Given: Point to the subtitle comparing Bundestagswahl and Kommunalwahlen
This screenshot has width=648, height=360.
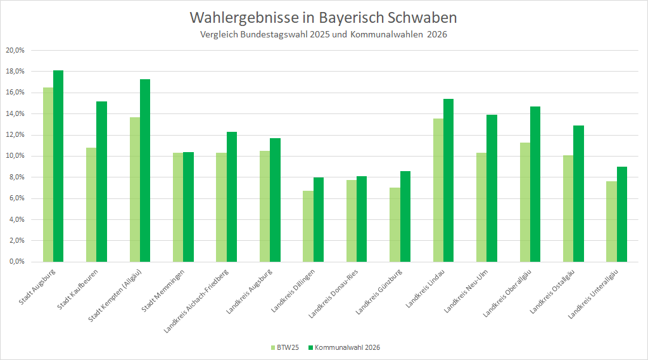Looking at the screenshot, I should (x=323, y=35).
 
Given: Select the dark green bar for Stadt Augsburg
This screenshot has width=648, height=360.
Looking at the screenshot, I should (x=58, y=166).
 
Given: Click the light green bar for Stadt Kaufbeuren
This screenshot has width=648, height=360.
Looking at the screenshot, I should (x=91, y=205).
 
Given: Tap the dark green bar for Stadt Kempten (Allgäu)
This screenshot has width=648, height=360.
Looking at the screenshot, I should (x=145, y=170).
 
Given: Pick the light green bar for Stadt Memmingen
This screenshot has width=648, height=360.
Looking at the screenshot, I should (x=178, y=207).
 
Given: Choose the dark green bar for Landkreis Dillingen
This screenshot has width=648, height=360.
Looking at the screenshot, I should (x=318, y=219).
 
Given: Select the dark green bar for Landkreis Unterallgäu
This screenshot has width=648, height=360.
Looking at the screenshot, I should (x=621, y=214).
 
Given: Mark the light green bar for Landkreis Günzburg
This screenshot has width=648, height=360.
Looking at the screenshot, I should (x=395, y=224).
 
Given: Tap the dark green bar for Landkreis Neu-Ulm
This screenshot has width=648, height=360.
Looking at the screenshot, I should (x=492, y=188).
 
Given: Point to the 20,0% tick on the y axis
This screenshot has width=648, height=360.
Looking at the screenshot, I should (x=15, y=50).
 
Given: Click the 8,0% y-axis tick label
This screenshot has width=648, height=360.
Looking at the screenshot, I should (x=16, y=177).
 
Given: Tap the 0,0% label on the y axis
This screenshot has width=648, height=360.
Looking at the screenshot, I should (x=16, y=262).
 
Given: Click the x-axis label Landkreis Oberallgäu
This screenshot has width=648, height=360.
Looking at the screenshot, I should (x=507, y=293).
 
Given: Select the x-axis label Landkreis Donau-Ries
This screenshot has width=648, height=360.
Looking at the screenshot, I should (x=334, y=293).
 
